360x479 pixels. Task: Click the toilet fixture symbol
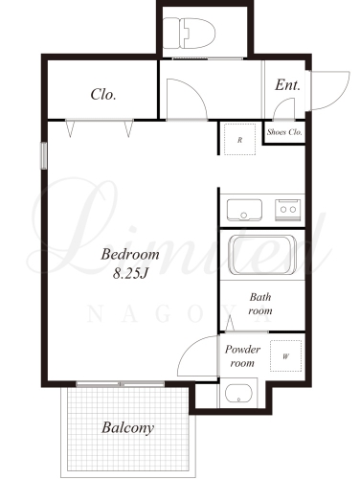189,33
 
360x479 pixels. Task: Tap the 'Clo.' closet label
103,94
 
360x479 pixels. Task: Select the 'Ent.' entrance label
288,85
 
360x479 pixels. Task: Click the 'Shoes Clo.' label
284,132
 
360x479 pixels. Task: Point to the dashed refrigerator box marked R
239,139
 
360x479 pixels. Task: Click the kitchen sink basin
244,210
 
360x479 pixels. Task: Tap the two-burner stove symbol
288,210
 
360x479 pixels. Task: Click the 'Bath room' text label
260,304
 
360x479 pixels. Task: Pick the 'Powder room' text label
242,356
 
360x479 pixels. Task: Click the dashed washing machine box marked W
285,355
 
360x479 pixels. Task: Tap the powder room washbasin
238,393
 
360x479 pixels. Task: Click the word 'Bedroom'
130,255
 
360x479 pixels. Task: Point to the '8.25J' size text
131,274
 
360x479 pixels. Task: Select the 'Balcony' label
127,428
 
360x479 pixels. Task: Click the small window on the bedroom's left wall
44,155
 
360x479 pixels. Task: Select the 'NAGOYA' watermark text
179,314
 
